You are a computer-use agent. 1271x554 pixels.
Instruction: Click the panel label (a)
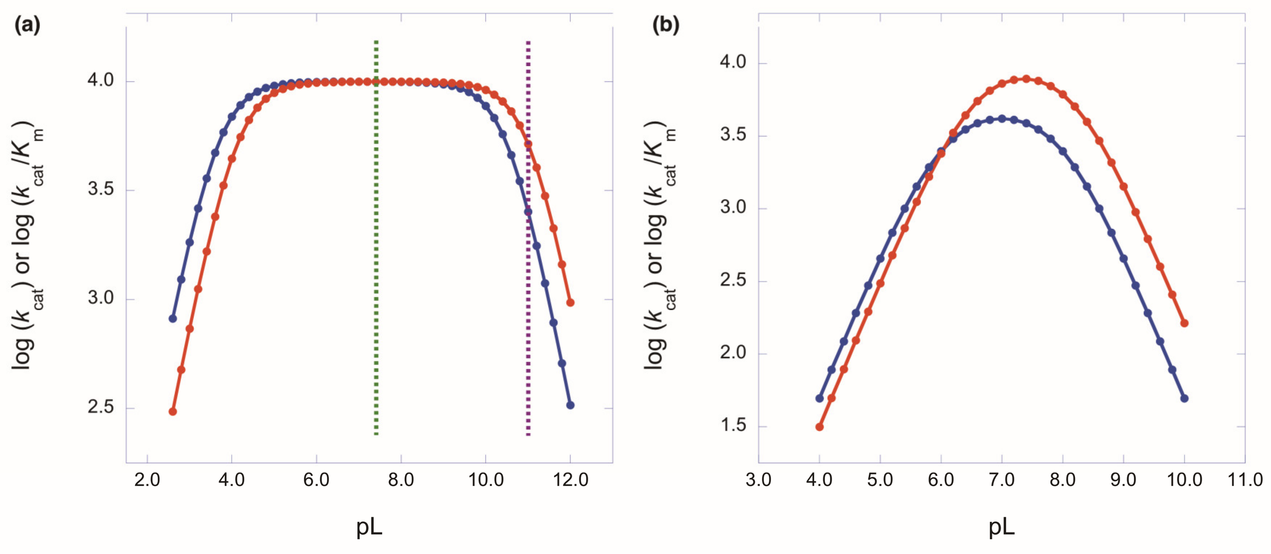[27, 25]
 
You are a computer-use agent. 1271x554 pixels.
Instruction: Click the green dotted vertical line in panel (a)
[376, 237]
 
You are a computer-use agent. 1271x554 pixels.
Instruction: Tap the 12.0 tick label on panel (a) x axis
[570, 479]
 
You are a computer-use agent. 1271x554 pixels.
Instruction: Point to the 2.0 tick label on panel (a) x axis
[147, 479]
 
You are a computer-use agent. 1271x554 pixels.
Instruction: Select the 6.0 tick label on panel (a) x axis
[316, 479]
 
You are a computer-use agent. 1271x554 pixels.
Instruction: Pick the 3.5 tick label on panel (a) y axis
[101, 189]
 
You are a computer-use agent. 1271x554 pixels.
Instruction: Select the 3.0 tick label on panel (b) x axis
[758, 479]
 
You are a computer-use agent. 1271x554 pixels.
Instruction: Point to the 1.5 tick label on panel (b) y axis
[733, 425]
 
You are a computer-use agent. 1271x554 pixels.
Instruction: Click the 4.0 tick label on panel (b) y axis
[733, 62]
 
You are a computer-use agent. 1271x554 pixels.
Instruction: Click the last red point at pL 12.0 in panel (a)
[570, 302]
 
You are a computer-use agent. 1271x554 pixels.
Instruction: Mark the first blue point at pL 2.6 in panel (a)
[173, 318]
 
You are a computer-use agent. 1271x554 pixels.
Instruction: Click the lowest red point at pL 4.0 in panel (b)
[819, 427]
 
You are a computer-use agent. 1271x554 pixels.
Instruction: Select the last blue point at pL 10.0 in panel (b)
[1184, 398]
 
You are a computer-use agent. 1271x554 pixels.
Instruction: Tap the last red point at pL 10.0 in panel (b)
[1184, 323]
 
